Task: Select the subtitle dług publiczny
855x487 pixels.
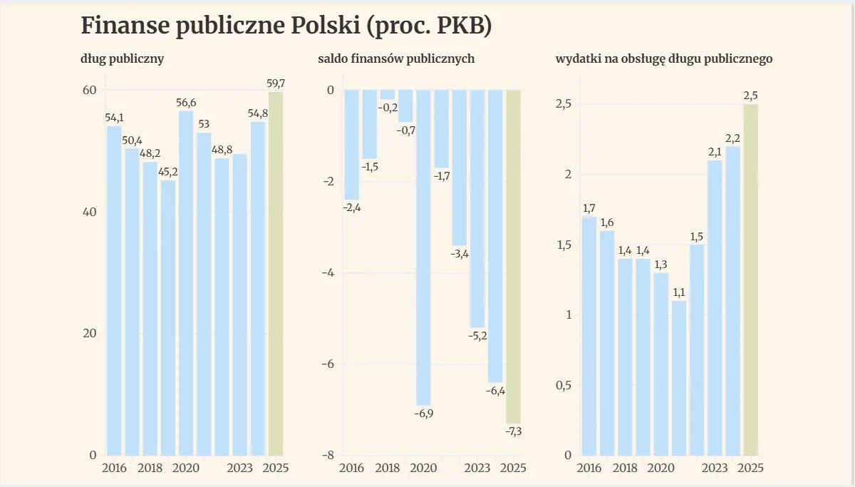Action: [123, 59]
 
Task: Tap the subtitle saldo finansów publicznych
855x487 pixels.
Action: [396, 59]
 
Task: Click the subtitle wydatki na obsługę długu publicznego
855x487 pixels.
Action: [664, 59]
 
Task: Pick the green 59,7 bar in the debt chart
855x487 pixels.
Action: [276, 275]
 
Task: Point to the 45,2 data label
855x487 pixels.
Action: [168, 172]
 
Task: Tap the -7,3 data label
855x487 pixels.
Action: [513, 431]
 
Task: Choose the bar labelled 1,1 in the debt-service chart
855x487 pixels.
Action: [679, 378]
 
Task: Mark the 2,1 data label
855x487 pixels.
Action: [715, 152]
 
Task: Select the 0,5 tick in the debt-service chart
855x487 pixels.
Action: [564, 386]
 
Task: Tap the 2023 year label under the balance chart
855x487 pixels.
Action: [477, 468]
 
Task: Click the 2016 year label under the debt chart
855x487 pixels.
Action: [114, 468]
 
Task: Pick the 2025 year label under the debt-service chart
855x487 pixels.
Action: [750, 468]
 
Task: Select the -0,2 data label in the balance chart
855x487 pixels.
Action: [388, 108]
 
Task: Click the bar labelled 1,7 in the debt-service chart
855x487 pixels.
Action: [589, 335]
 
